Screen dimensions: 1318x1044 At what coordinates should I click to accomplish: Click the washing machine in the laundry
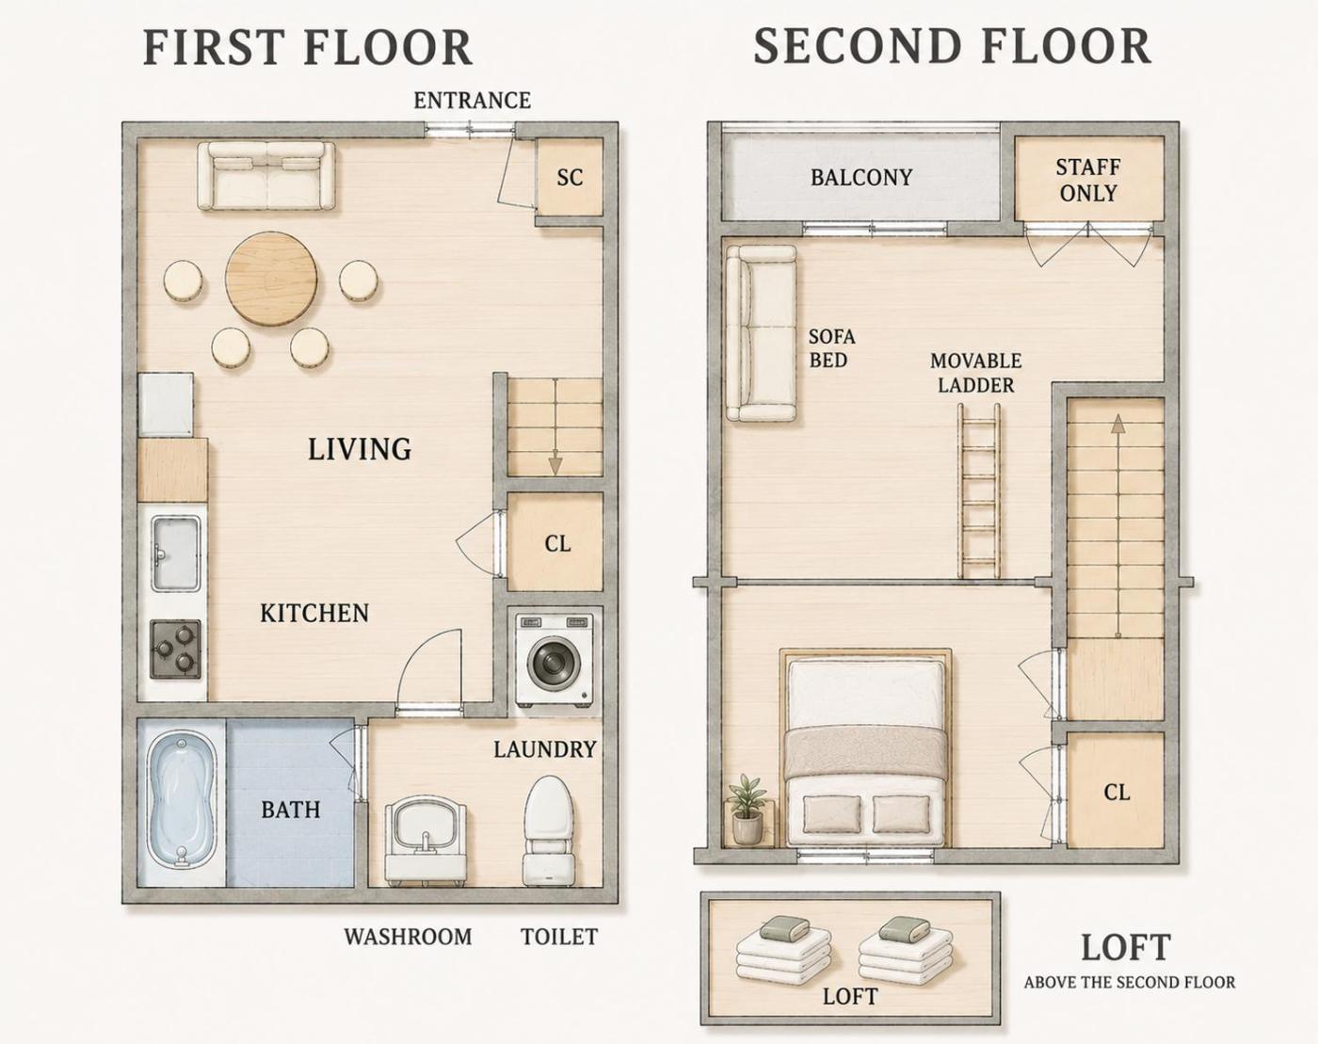(x=556, y=660)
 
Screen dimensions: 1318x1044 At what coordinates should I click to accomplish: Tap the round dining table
(x=272, y=279)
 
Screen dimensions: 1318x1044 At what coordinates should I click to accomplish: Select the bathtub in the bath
(x=182, y=803)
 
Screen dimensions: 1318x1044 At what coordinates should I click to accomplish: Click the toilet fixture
(x=549, y=830)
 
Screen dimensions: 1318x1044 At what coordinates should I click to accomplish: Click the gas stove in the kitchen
(x=176, y=649)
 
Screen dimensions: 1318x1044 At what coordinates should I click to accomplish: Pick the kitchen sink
(x=176, y=553)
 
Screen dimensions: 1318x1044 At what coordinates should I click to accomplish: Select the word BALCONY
(x=861, y=178)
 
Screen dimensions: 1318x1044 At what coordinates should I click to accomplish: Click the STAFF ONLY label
(x=1088, y=180)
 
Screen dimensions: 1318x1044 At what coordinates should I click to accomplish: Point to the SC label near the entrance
(x=570, y=178)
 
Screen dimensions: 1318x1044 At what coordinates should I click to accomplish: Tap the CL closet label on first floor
(x=557, y=543)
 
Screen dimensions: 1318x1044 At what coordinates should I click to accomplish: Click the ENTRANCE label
(x=473, y=101)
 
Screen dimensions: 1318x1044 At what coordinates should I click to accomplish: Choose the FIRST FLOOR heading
(x=308, y=47)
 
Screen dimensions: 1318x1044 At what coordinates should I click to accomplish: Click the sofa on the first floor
(x=266, y=176)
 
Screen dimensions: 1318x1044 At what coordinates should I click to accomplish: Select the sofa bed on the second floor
(x=762, y=333)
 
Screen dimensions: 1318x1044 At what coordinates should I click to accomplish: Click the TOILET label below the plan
(x=559, y=937)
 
